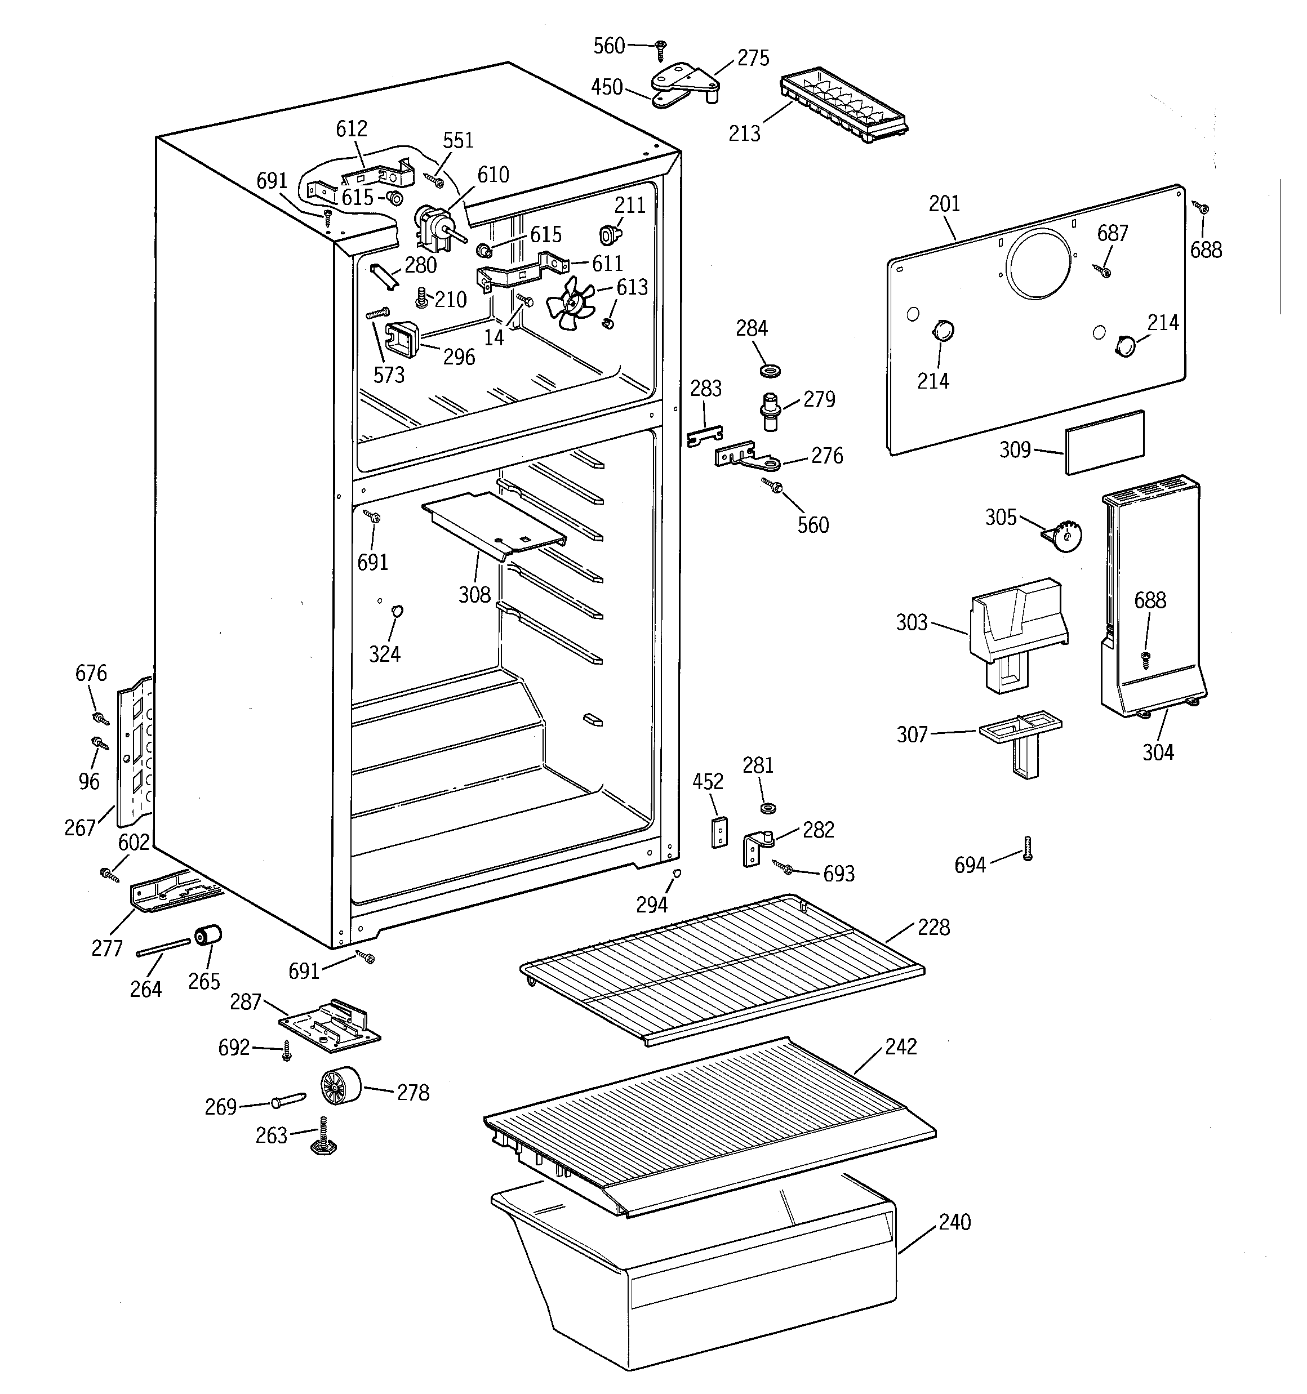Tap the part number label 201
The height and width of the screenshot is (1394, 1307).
click(944, 204)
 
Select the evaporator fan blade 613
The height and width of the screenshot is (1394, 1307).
click(570, 304)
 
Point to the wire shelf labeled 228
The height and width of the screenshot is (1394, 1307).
click(723, 968)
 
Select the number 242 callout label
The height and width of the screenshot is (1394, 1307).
click(900, 1047)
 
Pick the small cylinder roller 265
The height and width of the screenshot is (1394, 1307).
click(208, 936)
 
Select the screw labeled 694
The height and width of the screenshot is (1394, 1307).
click(1028, 848)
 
